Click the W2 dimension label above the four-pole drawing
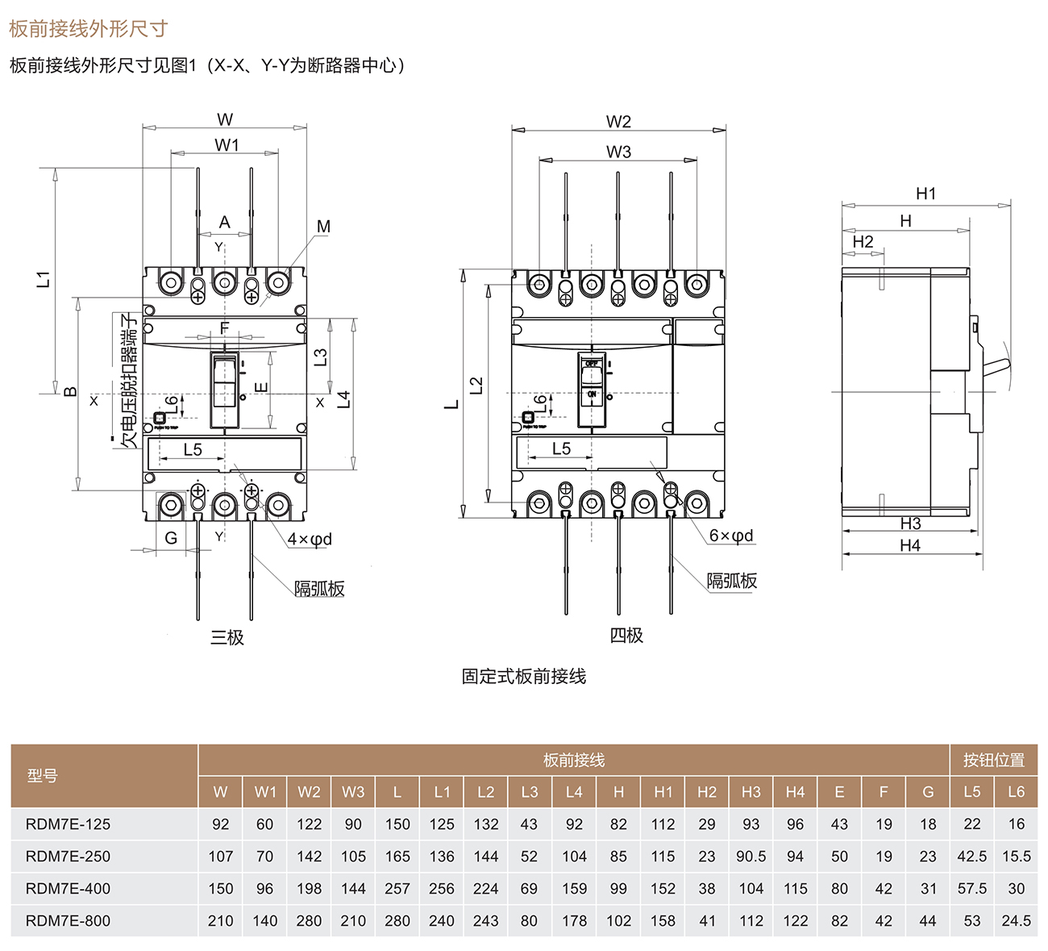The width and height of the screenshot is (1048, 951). coord(618,122)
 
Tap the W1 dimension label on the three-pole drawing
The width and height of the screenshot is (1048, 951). coord(227,145)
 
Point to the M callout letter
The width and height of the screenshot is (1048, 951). coord(323,227)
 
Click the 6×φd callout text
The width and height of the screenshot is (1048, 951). coord(731,536)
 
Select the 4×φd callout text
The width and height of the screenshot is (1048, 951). coord(310,539)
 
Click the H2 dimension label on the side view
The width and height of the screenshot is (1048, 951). coord(863,242)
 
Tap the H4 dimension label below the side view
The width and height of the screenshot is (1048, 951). coord(910,545)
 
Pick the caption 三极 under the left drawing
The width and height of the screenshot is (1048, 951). coord(227,637)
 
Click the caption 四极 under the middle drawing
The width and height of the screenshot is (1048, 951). coord(626,636)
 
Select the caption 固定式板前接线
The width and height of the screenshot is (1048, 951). coord(523,676)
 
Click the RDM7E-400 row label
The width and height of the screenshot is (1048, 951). coord(68,888)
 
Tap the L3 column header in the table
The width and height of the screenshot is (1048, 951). coord(529,791)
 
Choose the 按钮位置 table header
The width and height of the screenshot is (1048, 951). coord(993,760)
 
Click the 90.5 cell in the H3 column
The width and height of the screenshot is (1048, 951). coord(751,856)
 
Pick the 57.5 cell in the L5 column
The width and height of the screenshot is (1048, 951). coord(971,888)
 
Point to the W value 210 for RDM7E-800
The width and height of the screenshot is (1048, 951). coord(220,920)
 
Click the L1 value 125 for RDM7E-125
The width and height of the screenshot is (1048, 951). coord(441,824)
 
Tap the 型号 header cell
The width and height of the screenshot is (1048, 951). coord(43,775)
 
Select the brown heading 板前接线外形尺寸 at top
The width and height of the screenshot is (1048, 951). coord(89,29)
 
